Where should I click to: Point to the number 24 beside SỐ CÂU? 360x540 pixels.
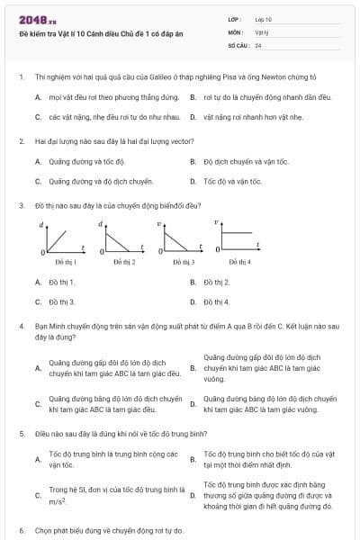(258, 44)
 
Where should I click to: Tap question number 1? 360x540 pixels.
(21, 77)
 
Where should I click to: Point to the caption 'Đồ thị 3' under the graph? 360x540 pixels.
(183, 262)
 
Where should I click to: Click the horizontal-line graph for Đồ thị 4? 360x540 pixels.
(238, 238)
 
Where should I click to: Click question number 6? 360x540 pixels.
(21, 530)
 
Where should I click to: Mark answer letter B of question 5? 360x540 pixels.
(193, 459)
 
